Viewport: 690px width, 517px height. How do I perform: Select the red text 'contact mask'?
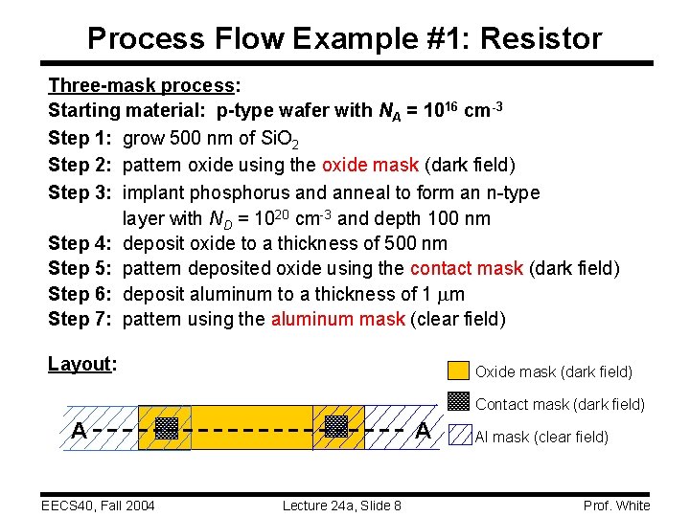pos(466,268)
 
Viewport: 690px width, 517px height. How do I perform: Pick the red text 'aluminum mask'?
pos(337,318)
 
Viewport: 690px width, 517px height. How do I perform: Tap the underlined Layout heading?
pos(81,364)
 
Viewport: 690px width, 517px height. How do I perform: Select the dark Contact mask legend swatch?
pos(460,403)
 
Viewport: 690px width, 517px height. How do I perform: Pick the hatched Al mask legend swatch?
pos(460,436)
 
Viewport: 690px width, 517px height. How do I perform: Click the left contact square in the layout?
pos(167,427)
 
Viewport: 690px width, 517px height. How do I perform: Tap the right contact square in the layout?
pos(335,427)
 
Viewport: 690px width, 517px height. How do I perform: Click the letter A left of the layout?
pos(80,431)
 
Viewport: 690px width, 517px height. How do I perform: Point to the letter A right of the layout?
pos(423,431)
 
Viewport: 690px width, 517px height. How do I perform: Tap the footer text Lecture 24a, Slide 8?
pos(341,506)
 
